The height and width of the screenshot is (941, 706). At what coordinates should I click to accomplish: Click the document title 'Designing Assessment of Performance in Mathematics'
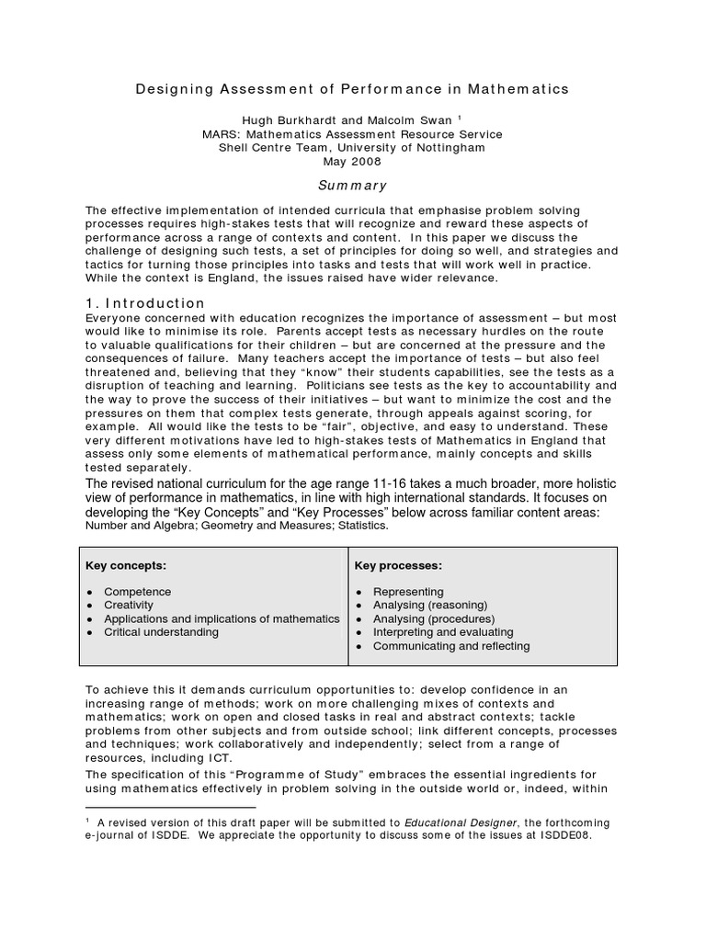click(x=352, y=89)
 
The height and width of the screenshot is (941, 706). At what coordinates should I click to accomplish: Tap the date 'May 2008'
click(x=352, y=160)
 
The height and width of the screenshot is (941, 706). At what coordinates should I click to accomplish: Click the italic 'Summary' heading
click(x=352, y=185)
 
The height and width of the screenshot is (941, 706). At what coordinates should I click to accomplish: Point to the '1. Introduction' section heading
click(x=145, y=303)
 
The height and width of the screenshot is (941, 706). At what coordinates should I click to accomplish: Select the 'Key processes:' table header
click(x=398, y=564)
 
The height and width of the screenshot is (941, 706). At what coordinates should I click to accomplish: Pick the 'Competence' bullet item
click(x=138, y=592)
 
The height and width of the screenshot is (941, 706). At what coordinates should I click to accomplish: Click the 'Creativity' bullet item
click(x=129, y=606)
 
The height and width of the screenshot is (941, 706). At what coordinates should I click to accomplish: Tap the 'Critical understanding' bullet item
click(x=162, y=632)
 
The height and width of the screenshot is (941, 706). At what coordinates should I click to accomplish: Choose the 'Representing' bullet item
click(x=408, y=592)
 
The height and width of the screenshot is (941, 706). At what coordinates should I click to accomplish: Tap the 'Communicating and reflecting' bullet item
click(x=451, y=646)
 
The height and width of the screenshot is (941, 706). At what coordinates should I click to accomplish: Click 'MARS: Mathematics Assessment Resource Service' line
click(x=352, y=133)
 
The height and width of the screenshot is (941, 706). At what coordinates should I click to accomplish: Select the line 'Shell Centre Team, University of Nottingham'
click(x=352, y=147)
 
